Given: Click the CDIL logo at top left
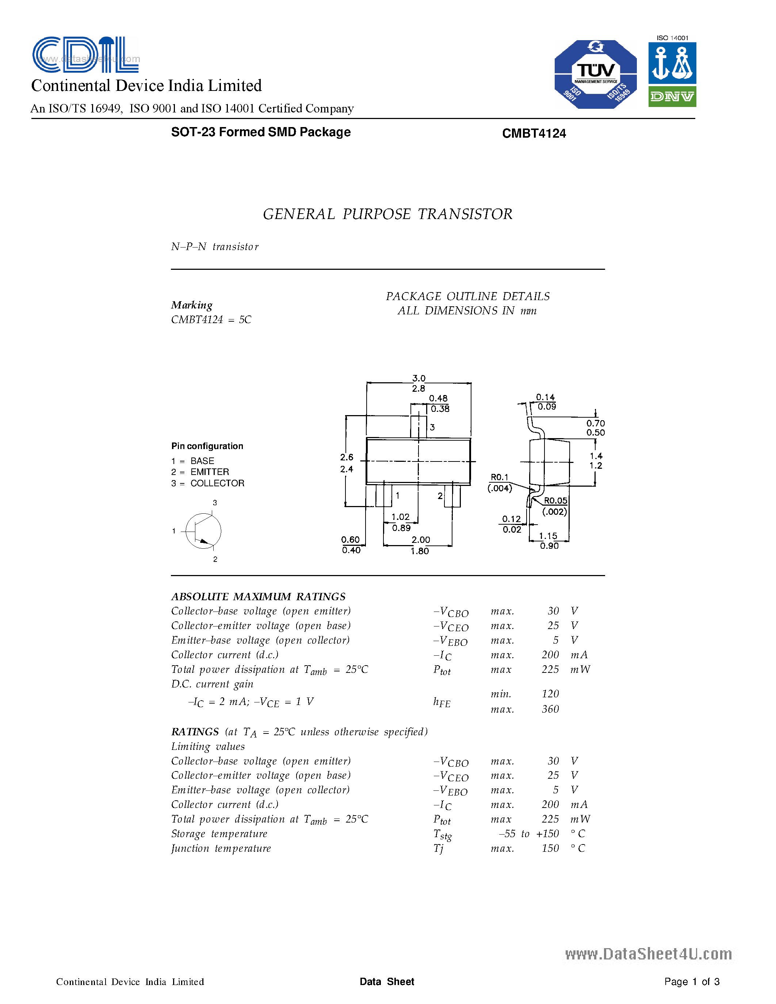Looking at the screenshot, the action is tap(85, 55).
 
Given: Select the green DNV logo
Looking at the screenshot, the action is tap(672, 96).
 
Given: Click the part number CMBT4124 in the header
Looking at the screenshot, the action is tap(534, 133).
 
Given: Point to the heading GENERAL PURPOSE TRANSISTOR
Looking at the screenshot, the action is tap(387, 214).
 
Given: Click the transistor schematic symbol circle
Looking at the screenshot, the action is tap(203, 531).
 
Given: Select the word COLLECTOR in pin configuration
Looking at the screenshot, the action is tap(217, 483).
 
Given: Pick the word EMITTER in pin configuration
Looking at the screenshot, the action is tap(210, 472).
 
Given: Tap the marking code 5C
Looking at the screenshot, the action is tap(245, 319).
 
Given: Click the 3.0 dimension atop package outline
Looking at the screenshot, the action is tap(419, 378).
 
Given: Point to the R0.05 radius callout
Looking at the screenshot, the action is tap(555, 501).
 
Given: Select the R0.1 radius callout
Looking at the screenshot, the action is tap(499, 477).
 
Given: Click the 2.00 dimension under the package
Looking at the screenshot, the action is tap(421, 540).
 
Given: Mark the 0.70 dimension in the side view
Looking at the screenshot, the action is tap(595, 423).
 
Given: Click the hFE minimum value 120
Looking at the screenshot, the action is tap(550, 694).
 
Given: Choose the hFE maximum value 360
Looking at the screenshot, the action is tap(550, 709).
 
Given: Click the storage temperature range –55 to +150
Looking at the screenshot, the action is tap(529, 834).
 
